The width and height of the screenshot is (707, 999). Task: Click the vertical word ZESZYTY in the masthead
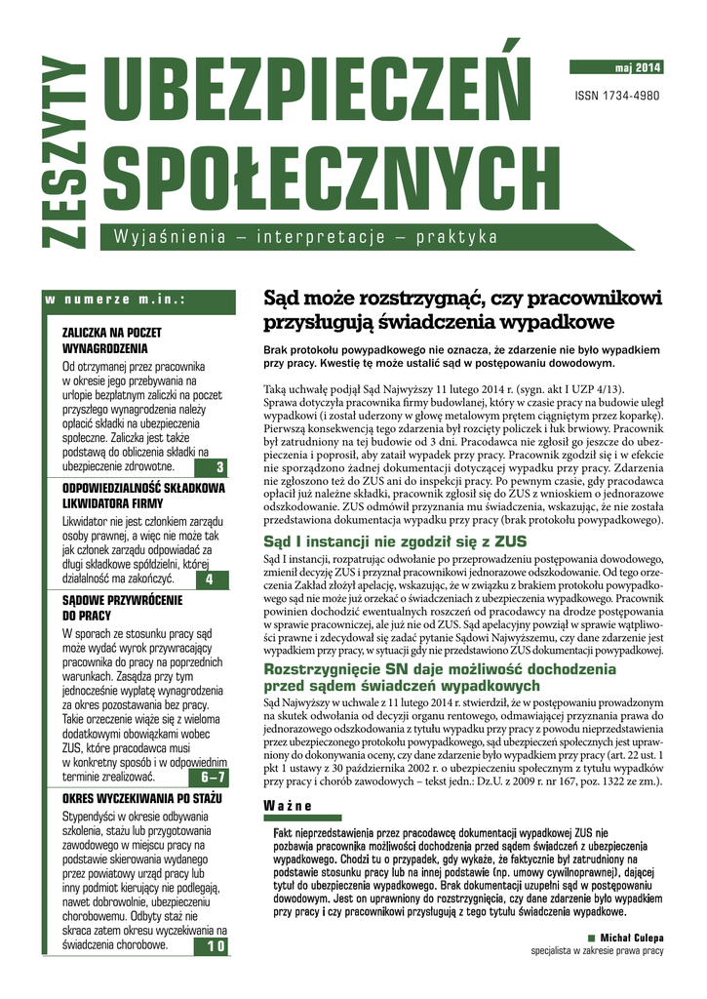(65, 152)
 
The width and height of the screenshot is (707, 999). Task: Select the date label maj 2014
(639, 67)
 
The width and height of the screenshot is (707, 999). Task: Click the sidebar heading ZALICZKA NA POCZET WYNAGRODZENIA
(111, 340)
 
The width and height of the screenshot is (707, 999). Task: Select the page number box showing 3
(220, 467)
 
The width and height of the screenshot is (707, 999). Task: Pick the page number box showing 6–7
(214, 778)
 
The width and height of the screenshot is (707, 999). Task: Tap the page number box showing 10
(216, 946)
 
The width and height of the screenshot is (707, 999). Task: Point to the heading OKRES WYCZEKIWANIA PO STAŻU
(142, 799)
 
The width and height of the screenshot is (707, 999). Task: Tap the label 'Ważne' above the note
(288, 805)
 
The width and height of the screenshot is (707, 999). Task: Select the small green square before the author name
(591, 938)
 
